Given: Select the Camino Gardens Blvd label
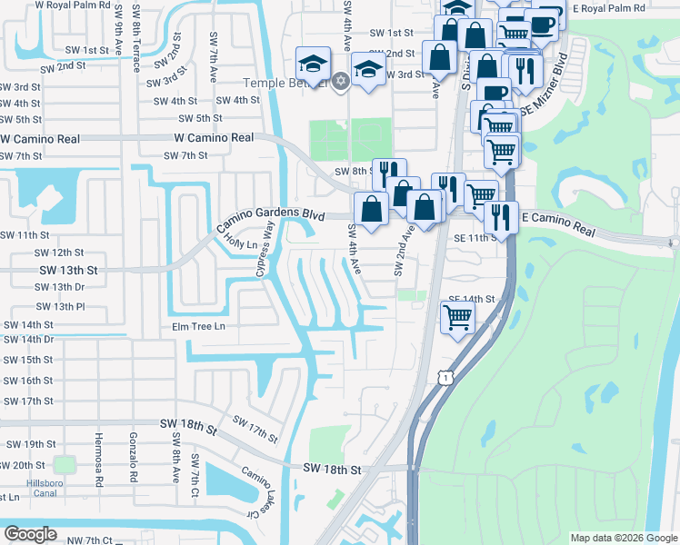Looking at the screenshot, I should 270,215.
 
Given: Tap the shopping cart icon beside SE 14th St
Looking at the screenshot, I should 457,318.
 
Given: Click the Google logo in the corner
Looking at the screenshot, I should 30,535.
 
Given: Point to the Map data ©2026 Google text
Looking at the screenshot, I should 624,538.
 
